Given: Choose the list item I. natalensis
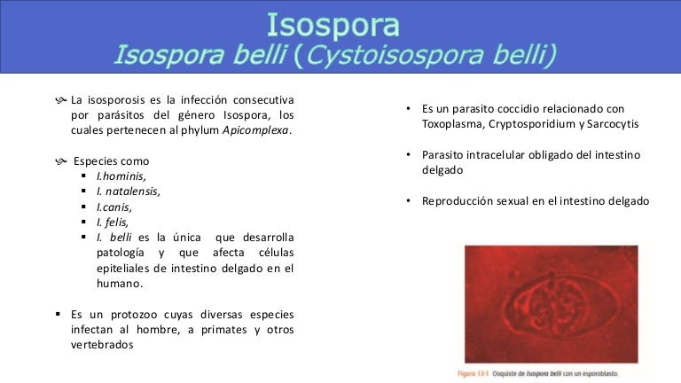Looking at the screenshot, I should (x=129, y=191).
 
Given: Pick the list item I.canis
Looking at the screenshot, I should (x=115, y=207).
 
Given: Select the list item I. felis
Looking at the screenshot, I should (x=113, y=223).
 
